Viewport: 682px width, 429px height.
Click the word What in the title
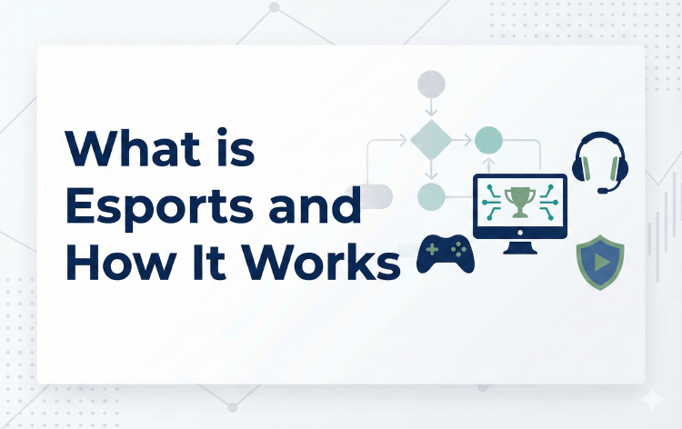click(126, 147)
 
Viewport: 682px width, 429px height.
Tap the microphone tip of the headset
click(603, 190)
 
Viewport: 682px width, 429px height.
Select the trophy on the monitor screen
click(519, 201)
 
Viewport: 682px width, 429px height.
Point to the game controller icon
click(446, 254)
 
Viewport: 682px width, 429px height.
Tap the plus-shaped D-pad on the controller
click(432, 248)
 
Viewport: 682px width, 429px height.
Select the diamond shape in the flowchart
click(429, 140)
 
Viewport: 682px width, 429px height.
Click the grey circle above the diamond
click(429, 85)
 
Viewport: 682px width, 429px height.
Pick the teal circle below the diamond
click(430, 196)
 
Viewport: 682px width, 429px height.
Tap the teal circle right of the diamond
click(488, 140)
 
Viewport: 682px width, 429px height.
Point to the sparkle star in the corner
click(651, 400)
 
